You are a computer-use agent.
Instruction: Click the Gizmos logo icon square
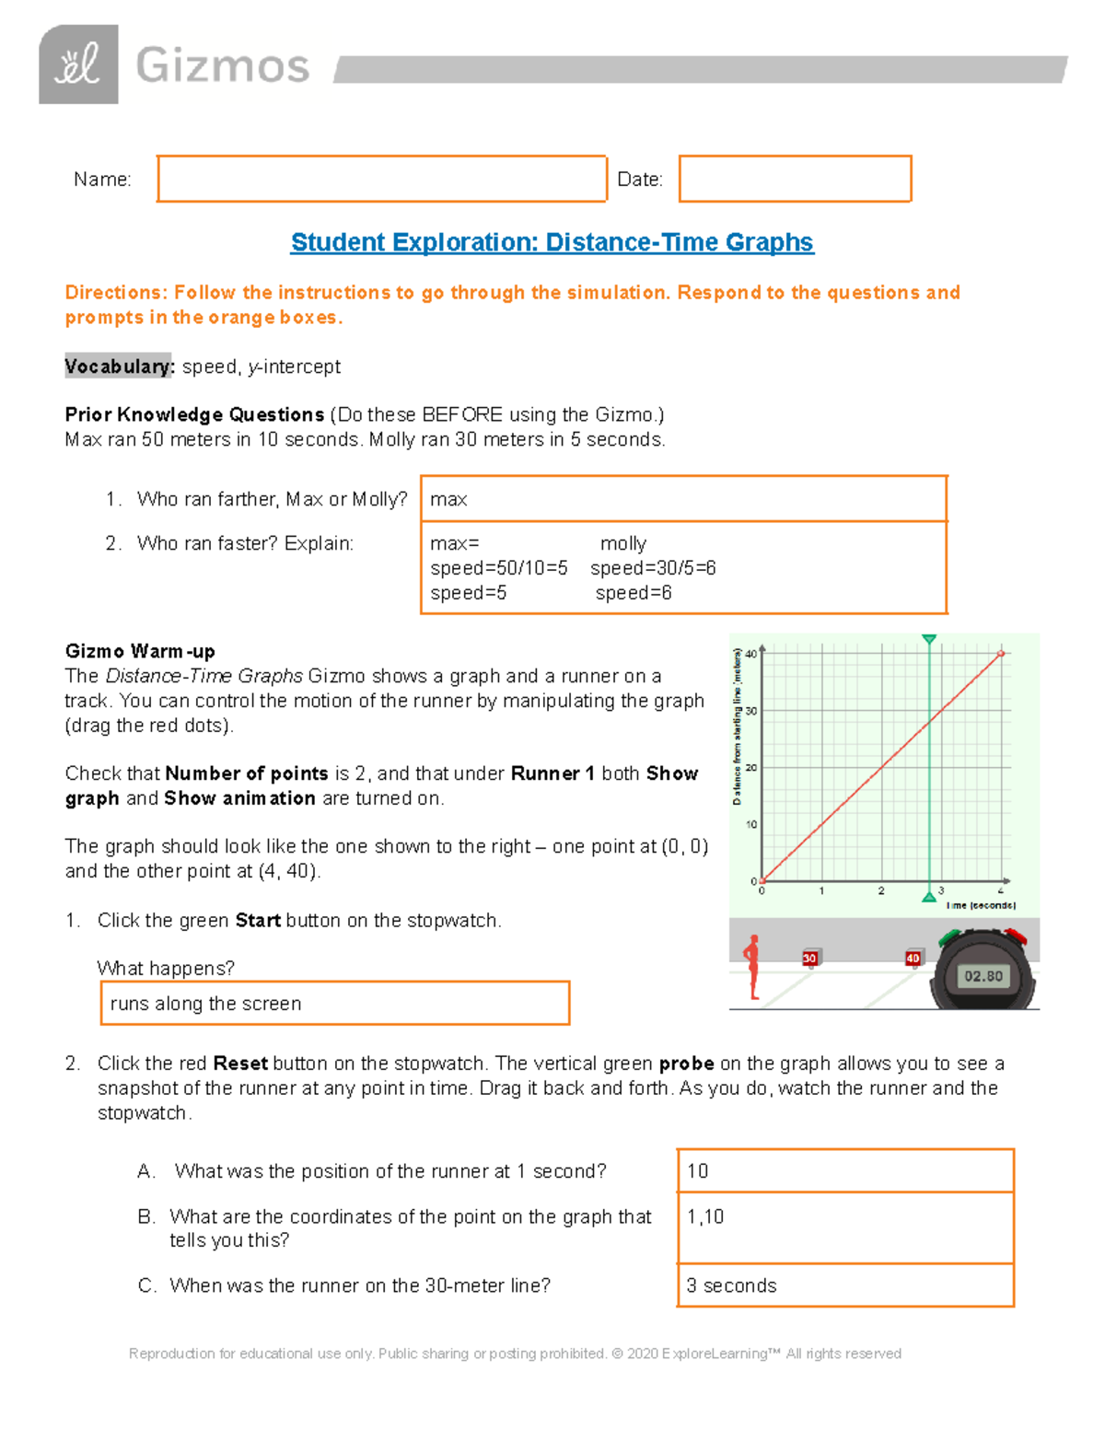78,64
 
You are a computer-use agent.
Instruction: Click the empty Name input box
381,179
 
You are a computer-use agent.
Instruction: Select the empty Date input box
795,179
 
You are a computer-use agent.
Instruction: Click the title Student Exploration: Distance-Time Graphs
552,242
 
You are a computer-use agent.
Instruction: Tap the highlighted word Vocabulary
119,366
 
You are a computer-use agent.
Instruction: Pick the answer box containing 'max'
683,499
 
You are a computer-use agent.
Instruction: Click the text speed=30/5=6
653,568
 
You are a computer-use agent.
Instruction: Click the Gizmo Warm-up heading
140,651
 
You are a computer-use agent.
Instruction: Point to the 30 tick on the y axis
751,711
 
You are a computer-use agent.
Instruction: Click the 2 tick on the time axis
881,890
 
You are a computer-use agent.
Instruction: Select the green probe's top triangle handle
929,639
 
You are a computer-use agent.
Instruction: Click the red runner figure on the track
752,967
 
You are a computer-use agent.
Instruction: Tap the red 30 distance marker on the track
809,959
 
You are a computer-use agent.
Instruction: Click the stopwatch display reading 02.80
983,976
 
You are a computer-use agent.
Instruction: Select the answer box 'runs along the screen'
335,1004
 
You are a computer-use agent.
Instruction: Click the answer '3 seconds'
844,1285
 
